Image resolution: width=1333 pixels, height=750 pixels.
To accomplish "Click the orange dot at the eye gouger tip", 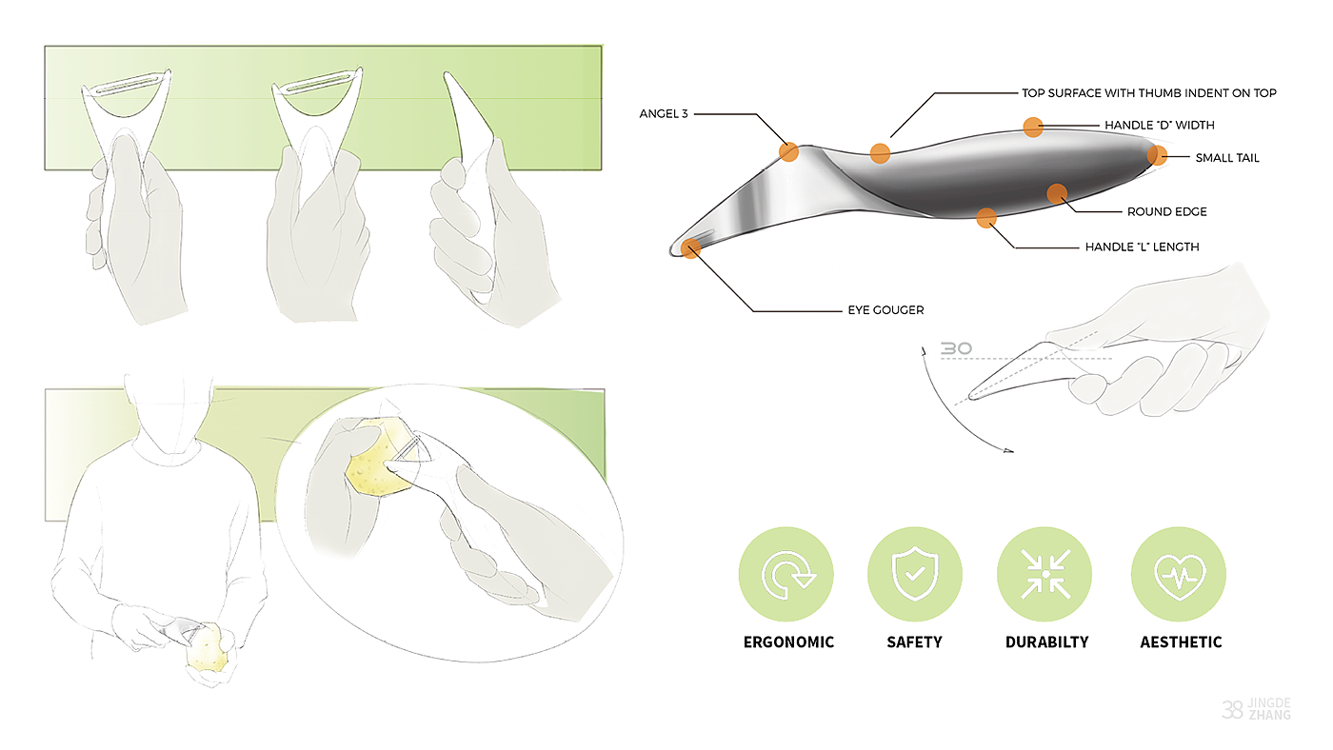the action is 691,248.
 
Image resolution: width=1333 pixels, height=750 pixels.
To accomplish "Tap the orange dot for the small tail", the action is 1157,155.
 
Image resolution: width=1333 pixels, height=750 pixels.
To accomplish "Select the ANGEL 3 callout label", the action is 664,114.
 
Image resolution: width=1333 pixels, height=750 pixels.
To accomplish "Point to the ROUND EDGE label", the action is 1166,212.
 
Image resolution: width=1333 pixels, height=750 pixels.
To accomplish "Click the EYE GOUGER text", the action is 885,310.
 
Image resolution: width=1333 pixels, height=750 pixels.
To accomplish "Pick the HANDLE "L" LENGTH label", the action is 1142,247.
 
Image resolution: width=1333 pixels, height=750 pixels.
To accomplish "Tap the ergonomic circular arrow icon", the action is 786,574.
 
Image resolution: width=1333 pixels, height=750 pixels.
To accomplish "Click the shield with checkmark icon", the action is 914,574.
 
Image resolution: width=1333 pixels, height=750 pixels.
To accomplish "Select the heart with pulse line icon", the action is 1178,574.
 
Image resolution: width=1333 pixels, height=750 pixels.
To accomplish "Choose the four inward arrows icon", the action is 1045,574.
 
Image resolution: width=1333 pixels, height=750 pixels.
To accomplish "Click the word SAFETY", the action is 914,642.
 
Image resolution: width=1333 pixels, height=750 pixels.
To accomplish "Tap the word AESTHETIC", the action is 1181,642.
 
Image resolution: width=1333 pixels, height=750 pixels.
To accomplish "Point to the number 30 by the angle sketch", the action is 955,349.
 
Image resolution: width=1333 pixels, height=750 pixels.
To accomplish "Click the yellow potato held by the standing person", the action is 210,649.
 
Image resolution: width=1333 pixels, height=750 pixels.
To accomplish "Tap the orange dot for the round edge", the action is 1057,194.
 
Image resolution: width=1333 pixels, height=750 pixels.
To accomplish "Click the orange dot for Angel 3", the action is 788,151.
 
